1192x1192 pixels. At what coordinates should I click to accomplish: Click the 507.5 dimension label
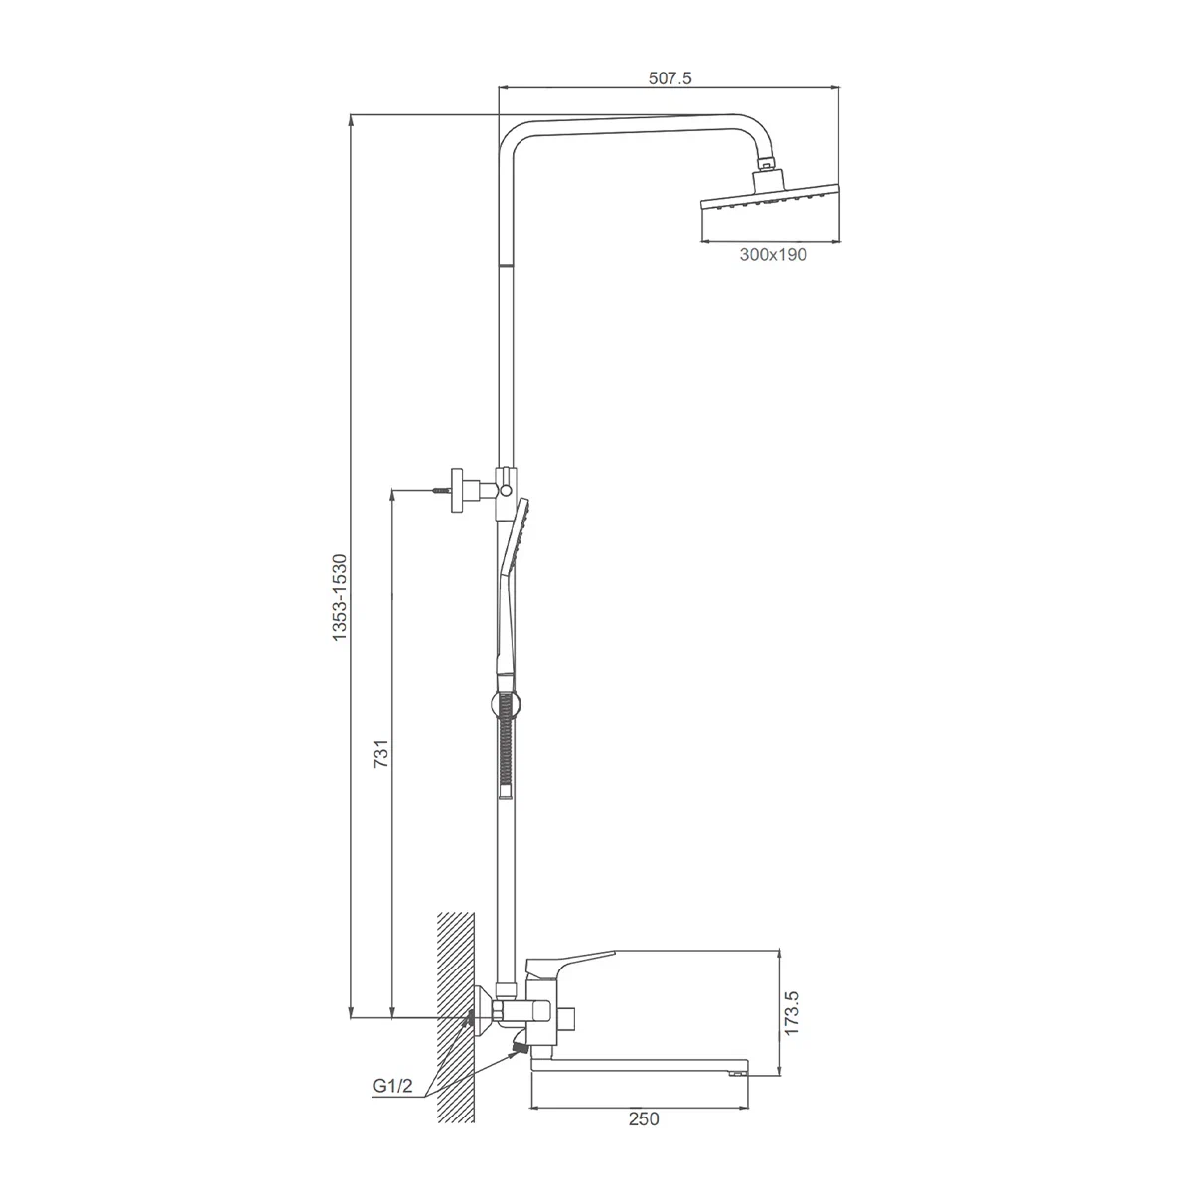point(670,78)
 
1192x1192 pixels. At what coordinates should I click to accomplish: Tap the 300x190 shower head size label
point(773,255)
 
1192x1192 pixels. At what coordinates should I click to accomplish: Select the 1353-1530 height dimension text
point(340,598)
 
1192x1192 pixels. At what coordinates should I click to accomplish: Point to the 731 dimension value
point(381,753)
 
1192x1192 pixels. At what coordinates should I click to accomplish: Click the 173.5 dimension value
point(791,1013)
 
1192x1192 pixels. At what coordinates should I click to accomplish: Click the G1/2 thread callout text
point(392,1086)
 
